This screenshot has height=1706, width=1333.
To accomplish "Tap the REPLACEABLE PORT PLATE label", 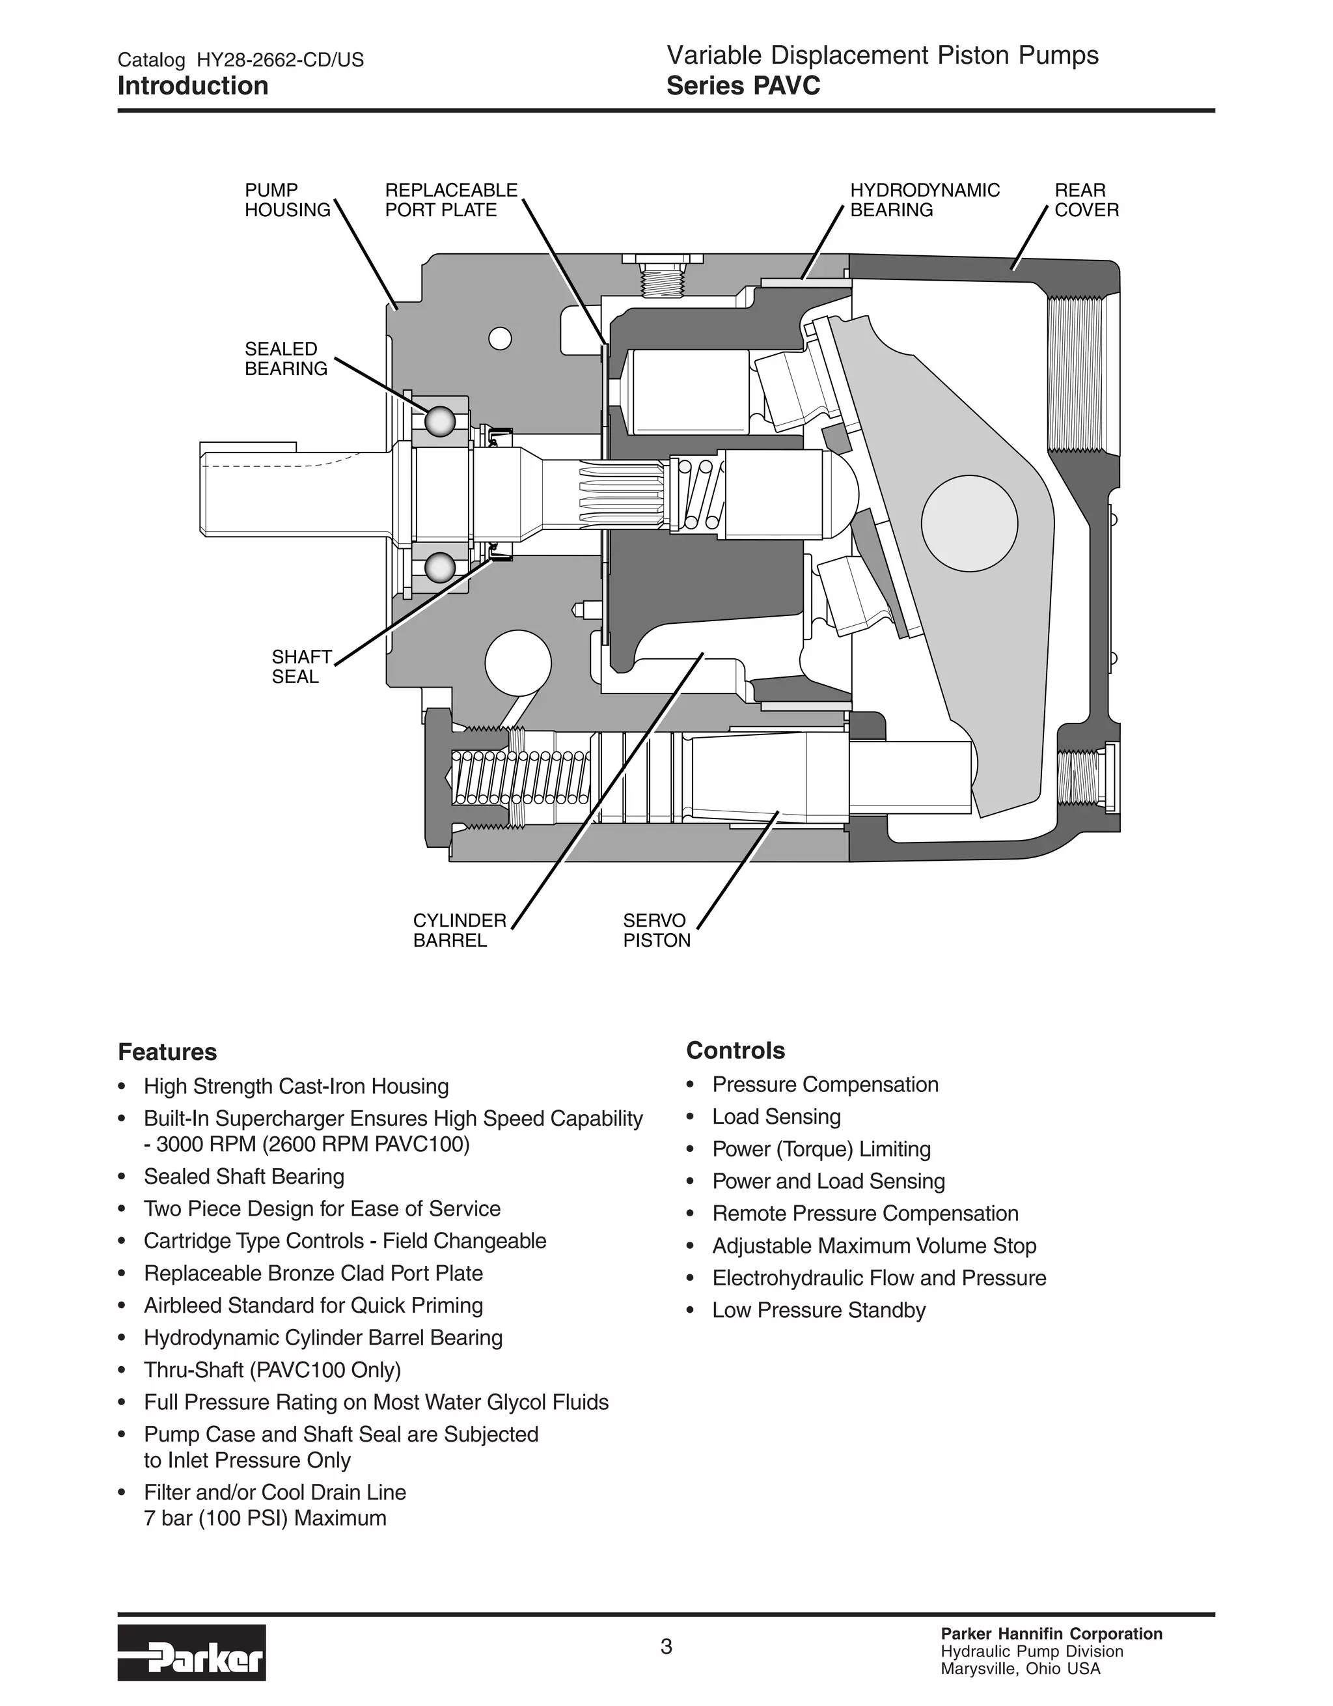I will coord(450,200).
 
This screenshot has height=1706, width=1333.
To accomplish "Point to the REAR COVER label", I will coord(1086,200).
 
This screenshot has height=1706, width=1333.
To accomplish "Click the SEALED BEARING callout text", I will coord(285,359).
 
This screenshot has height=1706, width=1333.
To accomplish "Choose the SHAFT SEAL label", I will coord(301,666).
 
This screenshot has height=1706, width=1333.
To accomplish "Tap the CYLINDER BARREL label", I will coord(459,930).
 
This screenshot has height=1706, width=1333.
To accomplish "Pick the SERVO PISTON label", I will coord(656,930).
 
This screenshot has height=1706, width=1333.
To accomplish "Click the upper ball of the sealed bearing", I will coord(439,422).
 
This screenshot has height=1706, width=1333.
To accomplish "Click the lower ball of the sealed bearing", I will coord(439,567).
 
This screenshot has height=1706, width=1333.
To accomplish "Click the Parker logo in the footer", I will coord(191,1653).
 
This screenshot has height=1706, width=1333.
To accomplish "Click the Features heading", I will coord(167,1052).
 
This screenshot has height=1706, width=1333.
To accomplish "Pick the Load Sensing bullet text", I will coord(776,1117).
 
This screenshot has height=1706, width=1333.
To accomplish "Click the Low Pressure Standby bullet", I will coord(818,1310).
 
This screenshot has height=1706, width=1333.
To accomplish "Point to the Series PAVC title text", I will coord(743,86).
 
